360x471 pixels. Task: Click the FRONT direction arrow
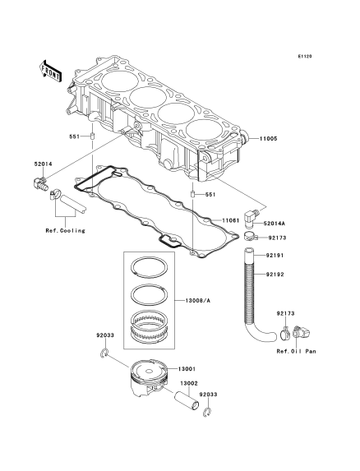coord(51,71)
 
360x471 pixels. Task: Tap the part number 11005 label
coord(269,139)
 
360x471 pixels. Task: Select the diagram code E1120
coord(305,56)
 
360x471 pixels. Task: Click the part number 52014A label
coord(275,224)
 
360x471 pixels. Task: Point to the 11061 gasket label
coord(231,220)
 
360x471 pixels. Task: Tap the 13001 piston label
coord(187,369)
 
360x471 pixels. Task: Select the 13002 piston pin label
coord(189,384)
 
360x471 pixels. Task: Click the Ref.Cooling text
coord(66,231)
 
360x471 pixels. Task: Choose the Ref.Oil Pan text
coord(297,351)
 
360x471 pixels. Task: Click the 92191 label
coord(275,256)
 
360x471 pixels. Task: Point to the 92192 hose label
coord(275,275)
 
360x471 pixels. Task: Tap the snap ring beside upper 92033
coord(104,353)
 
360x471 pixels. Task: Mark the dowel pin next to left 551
coord(93,136)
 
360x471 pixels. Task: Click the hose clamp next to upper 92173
coord(251,237)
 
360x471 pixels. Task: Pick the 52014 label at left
coord(44,164)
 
